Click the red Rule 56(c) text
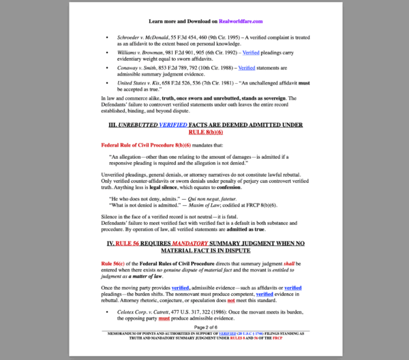point(114,263)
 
